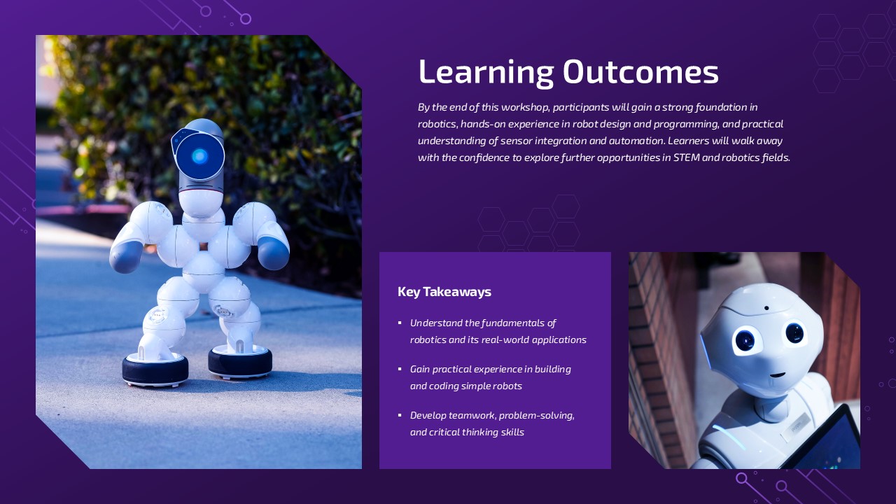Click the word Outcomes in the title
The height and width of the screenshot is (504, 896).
tap(640, 72)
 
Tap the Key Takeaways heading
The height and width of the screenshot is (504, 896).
tap(444, 292)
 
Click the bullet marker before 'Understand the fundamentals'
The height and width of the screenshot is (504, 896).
tap(400, 323)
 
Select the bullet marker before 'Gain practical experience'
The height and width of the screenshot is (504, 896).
tap(400, 369)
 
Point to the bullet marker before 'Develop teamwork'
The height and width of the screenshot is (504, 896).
tap(400, 415)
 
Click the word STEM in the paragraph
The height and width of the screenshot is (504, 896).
tap(686, 157)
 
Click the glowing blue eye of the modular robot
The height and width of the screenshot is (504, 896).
tap(199, 156)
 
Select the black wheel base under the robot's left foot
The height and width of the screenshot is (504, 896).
tap(155, 370)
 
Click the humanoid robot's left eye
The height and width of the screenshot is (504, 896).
tap(745, 340)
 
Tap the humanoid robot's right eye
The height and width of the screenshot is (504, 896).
tap(794, 332)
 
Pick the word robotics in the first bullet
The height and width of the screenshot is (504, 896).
tap(428, 339)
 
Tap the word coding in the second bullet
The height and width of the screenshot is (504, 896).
tap(444, 386)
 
